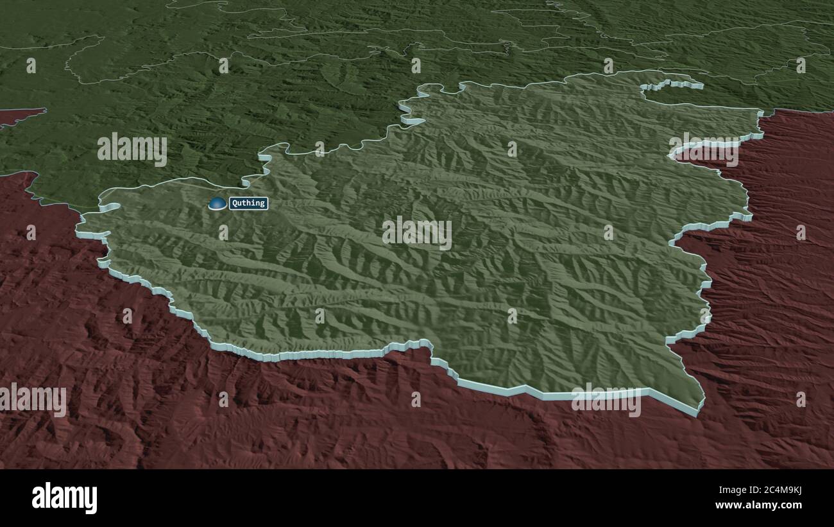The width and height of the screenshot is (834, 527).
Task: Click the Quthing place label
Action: click(x=248, y=203)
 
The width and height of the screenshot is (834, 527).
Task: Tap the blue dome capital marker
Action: click(x=217, y=203)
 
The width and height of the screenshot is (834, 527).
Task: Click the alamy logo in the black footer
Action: click(x=64, y=497)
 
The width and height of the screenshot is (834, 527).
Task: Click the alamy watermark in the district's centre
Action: click(x=417, y=232)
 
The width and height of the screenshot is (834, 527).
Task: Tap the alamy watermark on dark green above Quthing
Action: click(x=132, y=150)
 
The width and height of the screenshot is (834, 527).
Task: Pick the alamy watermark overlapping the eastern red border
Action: click(x=703, y=150)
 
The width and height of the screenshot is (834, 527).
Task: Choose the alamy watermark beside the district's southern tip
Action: click(x=606, y=400)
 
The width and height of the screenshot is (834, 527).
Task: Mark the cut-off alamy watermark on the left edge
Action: click(x=33, y=400)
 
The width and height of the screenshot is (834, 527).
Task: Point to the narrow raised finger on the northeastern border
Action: click(x=674, y=84)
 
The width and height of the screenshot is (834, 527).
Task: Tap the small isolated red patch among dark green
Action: click(x=19, y=116)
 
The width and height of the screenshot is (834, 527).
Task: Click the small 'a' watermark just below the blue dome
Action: click(x=223, y=232)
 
